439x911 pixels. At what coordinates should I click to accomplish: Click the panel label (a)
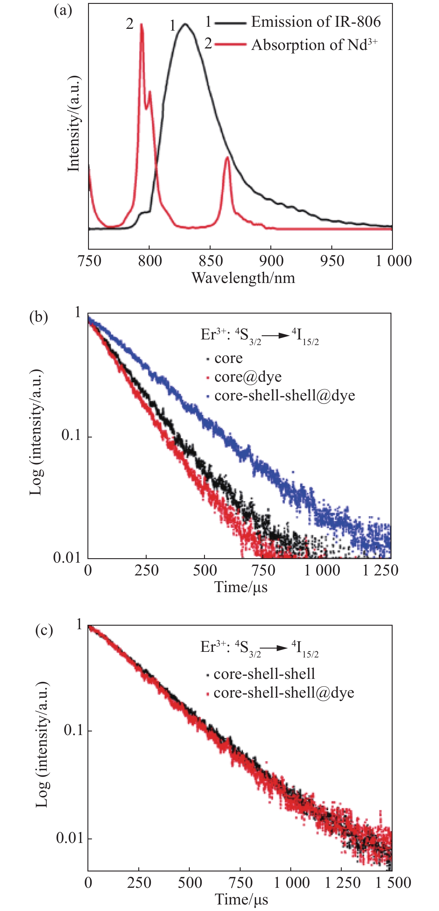[x=63, y=11]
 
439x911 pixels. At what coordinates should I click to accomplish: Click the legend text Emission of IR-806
[x=316, y=22]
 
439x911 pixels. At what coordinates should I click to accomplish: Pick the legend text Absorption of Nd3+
[x=314, y=45]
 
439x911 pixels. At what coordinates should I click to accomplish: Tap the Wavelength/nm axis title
[x=243, y=278]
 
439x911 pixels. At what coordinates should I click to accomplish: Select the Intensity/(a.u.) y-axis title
[x=73, y=124]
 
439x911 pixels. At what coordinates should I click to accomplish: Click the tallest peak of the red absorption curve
[x=142, y=25]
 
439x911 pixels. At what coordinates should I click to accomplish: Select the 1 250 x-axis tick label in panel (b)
[x=380, y=570]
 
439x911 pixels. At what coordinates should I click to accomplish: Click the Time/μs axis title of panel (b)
[x=241, y=587]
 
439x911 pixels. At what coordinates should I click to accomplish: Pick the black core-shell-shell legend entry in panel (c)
[x=264, y=674]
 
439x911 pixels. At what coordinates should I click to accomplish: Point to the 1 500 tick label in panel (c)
[x=393, y=883]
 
